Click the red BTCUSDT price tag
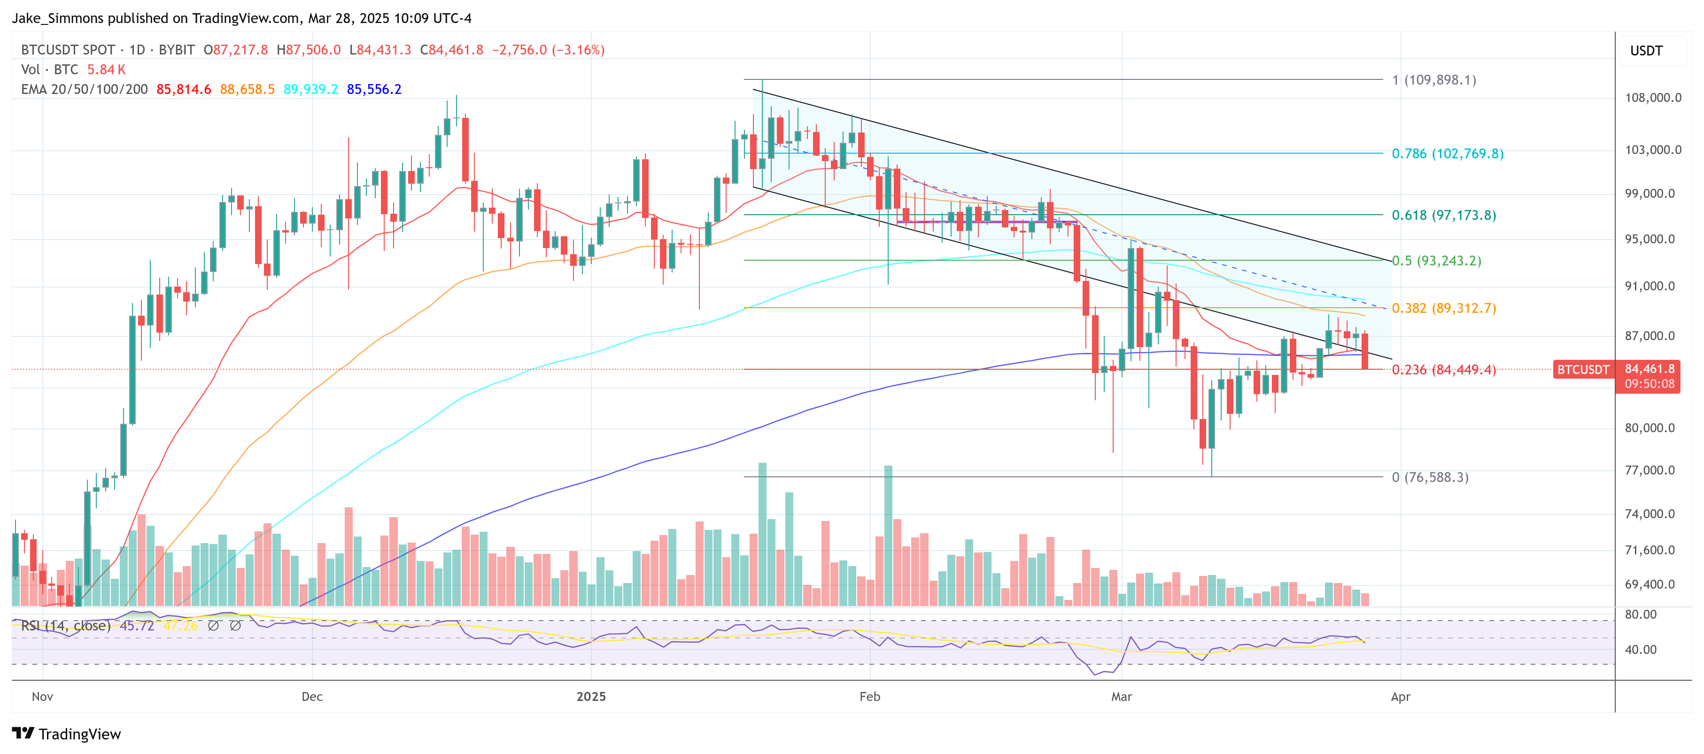click(1582, 369)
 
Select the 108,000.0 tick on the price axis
click(1652, 98)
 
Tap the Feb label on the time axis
click(869, 697)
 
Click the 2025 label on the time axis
click(591, 697)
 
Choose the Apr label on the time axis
click(1401, 697)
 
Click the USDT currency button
click(1646, 51)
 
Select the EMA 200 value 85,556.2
click(374, 89)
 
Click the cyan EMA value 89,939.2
click(310, 89)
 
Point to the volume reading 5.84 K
click(106, 70)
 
